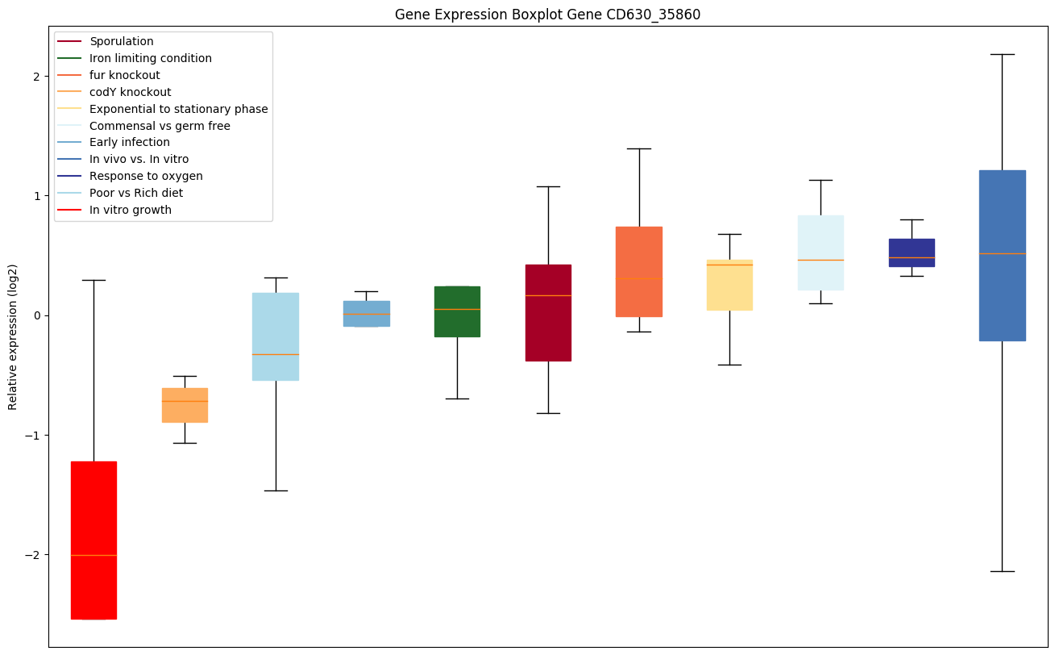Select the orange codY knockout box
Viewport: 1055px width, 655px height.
185,405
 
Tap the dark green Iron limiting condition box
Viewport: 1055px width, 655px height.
457,311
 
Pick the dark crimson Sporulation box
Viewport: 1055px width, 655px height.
548,312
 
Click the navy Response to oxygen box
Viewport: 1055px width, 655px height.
912,252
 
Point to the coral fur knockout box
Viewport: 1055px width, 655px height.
639,272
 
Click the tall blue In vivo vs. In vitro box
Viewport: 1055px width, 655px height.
1002,255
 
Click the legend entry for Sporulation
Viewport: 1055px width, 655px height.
122,41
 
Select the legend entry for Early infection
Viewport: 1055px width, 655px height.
130,142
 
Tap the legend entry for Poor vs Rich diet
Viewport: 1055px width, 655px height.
136,193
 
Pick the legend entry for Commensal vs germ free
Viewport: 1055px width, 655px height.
160,126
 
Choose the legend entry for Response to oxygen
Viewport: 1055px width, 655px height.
146,176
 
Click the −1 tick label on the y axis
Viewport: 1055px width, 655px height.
34,436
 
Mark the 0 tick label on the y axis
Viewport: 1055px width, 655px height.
37,315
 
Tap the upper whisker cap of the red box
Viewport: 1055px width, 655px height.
93,280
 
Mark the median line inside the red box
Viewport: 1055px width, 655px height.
93,555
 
